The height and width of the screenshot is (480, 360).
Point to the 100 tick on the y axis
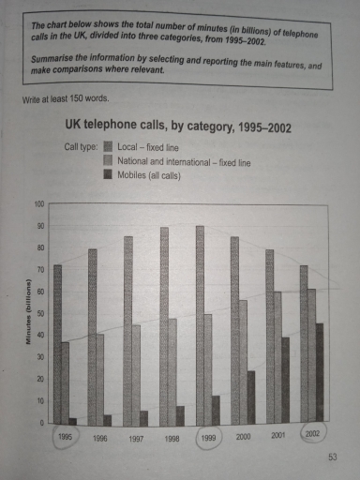click(x=38, y=203)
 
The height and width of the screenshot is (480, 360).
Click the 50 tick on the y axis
click(x=39, y=314)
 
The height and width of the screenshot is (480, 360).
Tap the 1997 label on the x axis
click(x=135, y=437)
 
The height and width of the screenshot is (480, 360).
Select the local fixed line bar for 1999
click(x=200, y=323)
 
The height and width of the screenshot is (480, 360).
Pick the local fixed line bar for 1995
click(x=57, y=343)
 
